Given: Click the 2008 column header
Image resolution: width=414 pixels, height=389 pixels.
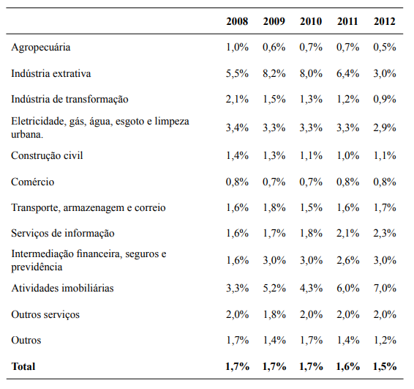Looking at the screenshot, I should point(237,21).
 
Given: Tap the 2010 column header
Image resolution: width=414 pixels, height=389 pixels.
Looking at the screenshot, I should point(311,21).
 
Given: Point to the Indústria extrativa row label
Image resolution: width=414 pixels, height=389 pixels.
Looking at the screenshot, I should point(50,73).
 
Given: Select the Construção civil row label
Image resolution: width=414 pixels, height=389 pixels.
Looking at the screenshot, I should point(46,155).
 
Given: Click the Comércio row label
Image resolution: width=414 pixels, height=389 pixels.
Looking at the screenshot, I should point(32,181).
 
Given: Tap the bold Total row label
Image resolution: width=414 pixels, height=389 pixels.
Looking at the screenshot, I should point(23,365).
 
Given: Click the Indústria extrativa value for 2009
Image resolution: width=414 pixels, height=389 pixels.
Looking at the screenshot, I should point(274,73).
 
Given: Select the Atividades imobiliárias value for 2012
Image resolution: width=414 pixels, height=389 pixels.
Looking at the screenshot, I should point(384,288).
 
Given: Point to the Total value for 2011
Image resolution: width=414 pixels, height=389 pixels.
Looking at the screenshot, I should point(347,365).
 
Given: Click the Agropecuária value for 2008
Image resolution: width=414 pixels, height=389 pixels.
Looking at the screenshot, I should point(237,48).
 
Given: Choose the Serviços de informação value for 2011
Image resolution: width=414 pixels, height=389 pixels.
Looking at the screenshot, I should point(347,233).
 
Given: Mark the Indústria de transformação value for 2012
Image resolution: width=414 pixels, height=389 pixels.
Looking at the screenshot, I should point(384,99).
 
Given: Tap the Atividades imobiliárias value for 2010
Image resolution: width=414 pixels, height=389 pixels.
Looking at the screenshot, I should point(311,288).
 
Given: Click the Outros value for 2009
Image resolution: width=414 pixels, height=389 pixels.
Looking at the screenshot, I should point(274,340).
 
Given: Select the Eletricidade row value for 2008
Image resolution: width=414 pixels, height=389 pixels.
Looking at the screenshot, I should point(237,127).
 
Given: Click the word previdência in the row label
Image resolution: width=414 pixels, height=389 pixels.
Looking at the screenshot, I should point(37,267).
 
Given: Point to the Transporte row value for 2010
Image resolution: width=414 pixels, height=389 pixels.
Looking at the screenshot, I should point(311,207).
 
